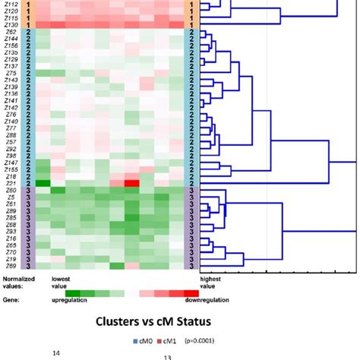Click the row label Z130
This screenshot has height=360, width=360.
(11, 25)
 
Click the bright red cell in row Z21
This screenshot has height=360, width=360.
(131, 183)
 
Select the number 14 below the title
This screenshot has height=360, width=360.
(55, 352)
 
